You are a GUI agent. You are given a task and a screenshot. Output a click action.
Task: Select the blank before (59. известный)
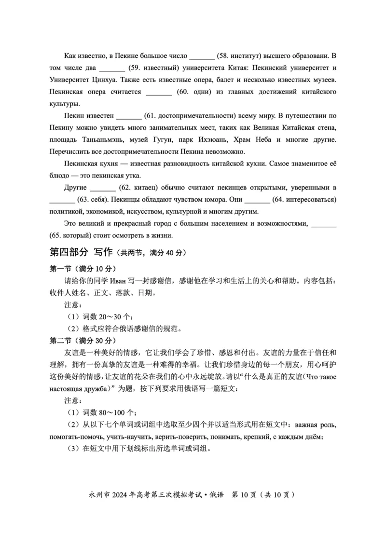pyautogui.click(x=112, y=68)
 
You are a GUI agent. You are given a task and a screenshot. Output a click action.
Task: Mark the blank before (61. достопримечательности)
pyautogui.click(x=129, y=116)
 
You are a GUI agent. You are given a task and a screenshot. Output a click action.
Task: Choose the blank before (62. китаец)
pyautogui.click(x=103, y=187)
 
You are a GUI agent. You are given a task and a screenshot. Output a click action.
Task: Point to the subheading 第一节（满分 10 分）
pyautogui.click(x=83, y=268)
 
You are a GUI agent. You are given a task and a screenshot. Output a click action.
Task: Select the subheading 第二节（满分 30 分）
pyautogui.click(x=83, y=340)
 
